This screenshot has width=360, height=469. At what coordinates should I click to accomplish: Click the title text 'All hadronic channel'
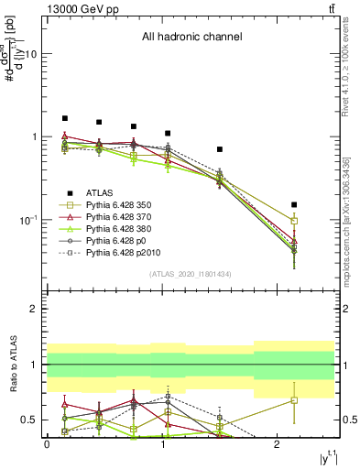[191, 38]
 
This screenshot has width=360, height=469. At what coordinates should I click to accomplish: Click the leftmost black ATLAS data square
[65, 118]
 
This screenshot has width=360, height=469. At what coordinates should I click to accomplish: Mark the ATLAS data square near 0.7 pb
[220, 149]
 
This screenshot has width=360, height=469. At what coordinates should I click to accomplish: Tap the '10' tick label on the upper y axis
[29, 54]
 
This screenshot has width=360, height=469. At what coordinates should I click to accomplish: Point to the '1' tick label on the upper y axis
[33, 137]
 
